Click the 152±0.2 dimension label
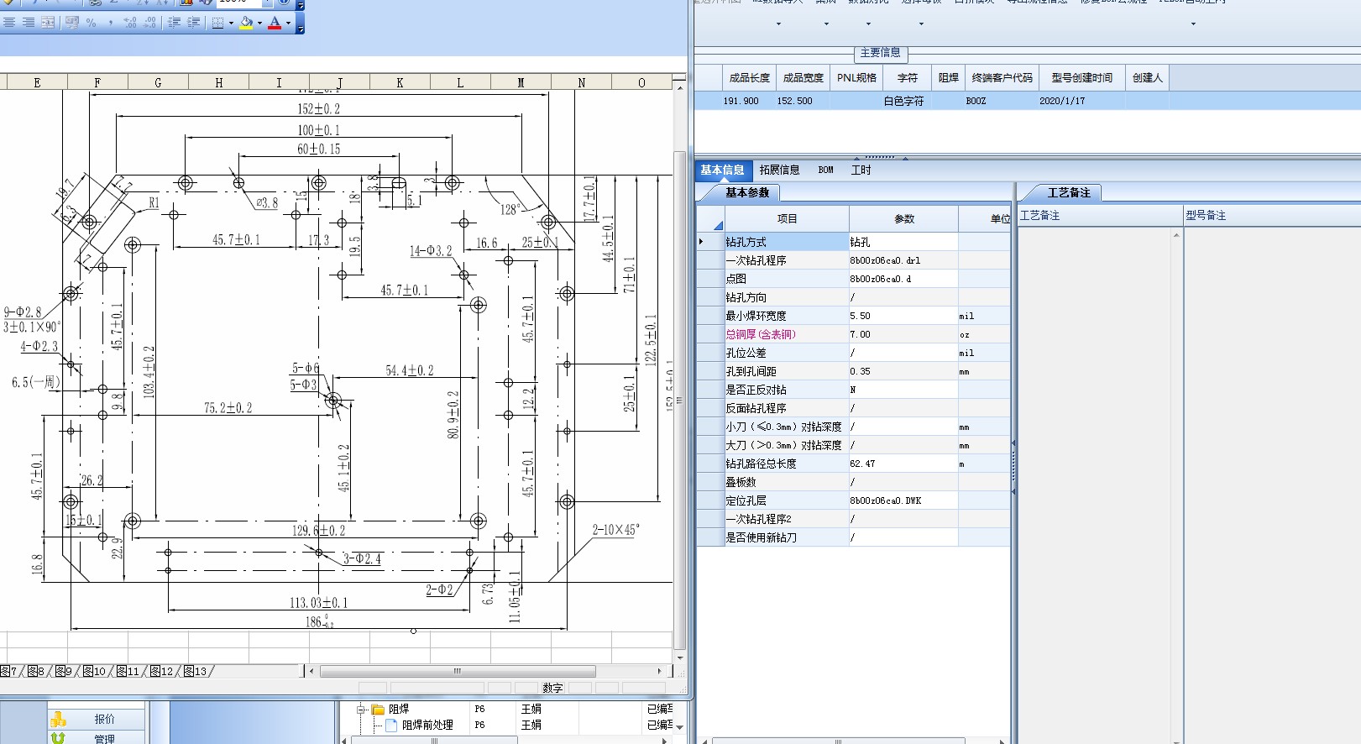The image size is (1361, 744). click(318, 109)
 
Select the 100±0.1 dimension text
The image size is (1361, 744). click(318, 130)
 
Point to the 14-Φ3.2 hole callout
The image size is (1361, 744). click(431, 251)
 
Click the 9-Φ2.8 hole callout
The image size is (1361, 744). click(22, 312)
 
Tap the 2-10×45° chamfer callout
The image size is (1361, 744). click(615, 530)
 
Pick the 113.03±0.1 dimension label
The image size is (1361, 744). click(318, 603)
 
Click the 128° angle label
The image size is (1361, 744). click(510, 209)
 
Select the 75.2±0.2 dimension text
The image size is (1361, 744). click(228, 408)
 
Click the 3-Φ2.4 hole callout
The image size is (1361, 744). click(362, 558)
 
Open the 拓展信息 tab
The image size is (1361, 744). click(779, 170)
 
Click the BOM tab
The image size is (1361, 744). click(826, 170)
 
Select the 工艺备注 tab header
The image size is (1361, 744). click(1068, 193)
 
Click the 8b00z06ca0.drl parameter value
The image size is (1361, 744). click(885, 260)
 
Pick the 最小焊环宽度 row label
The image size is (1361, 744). click(756, 316)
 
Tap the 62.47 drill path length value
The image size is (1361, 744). click(862, 464)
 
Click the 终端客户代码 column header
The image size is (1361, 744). click(1002, 77)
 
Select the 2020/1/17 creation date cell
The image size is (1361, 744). click(1062, 101)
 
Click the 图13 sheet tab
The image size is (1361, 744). click(195, 671)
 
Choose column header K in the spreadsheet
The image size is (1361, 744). click(400, 82)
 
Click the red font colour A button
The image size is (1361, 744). click(275, 24)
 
